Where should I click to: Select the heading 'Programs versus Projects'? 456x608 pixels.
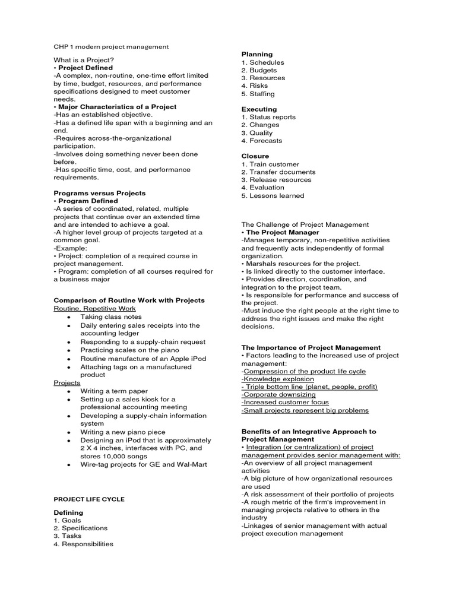(99, 193)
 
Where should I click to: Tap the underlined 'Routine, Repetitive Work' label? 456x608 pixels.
(94, 308)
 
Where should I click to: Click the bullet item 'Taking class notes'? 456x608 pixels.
(111, 317)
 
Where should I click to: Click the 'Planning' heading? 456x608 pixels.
(257, 54)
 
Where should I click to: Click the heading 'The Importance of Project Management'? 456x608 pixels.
(311, 347)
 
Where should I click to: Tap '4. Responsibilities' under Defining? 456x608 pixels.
(83, 543)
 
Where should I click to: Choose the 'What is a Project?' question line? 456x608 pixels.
(84, 60)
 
